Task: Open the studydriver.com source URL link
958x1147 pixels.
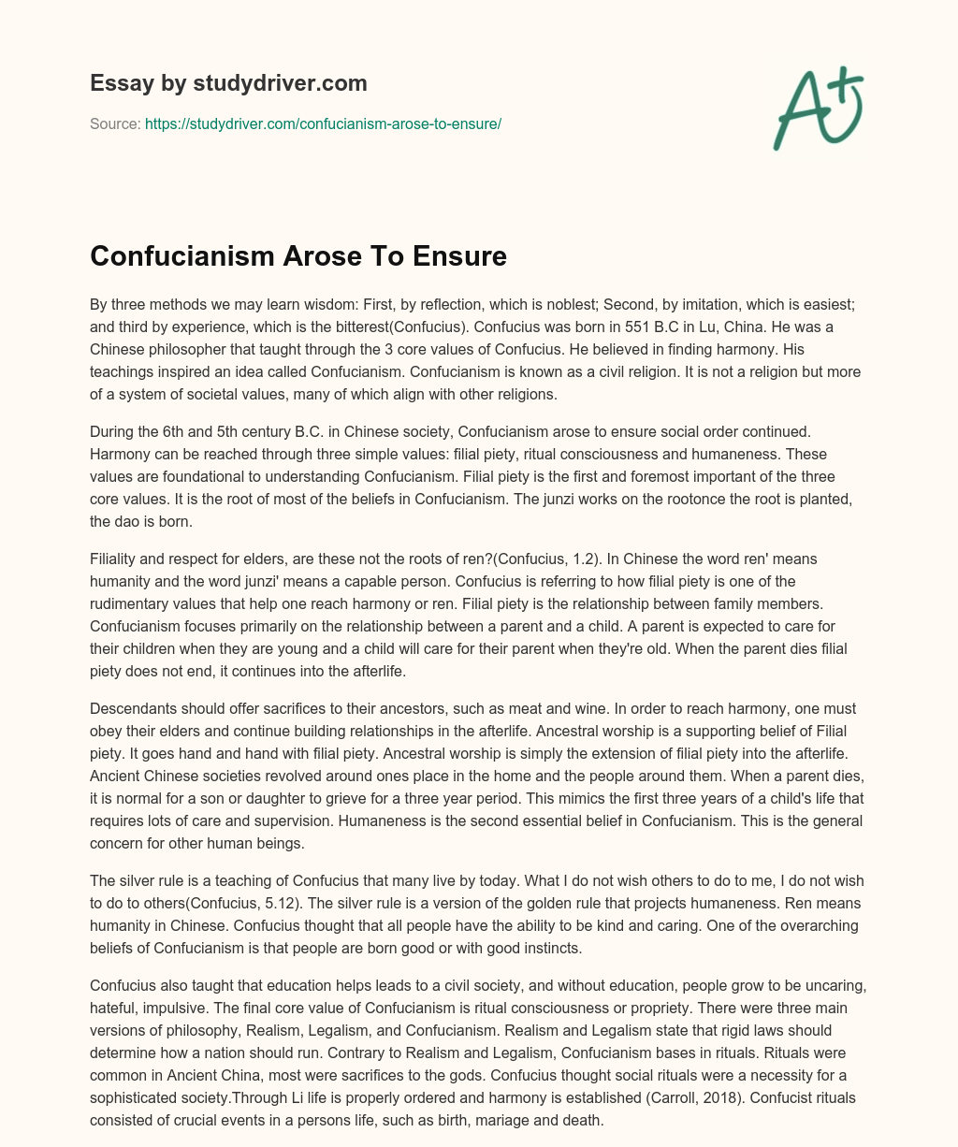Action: pos(323,123)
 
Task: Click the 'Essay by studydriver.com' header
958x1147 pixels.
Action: pos(228,83)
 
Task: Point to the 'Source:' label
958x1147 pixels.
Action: pos(115,123)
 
